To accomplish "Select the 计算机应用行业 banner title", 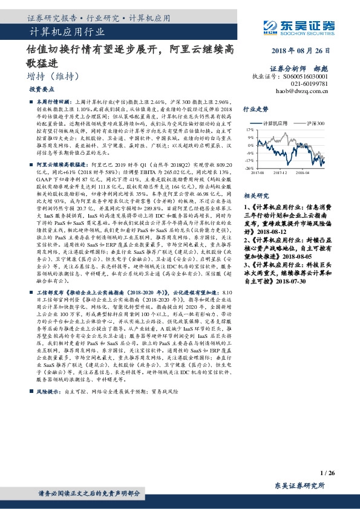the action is (67, 31).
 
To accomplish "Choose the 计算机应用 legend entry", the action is (278, 123).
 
